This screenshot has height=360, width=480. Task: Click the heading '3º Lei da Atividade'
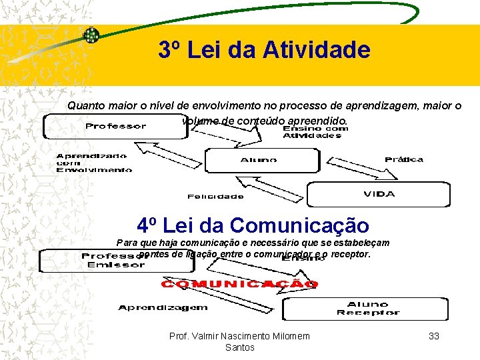[264, 50]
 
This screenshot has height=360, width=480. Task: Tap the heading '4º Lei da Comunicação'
[252, 225]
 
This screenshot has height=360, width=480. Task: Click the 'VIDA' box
[378, 194]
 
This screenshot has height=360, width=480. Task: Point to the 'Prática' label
[403, 159]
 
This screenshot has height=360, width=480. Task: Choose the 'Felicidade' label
[215, 196]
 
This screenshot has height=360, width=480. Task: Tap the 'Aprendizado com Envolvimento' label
[93, 163]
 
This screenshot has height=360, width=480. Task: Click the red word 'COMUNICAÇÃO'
[239, 284]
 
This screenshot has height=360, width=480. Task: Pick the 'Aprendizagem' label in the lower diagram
[163, 307]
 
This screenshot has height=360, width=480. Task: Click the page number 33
[433, 336]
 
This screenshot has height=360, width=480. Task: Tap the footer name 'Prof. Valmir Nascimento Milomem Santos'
[239, 341]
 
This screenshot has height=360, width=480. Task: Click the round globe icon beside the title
[91, 35]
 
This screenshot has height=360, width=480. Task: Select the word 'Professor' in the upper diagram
[115, 126]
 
